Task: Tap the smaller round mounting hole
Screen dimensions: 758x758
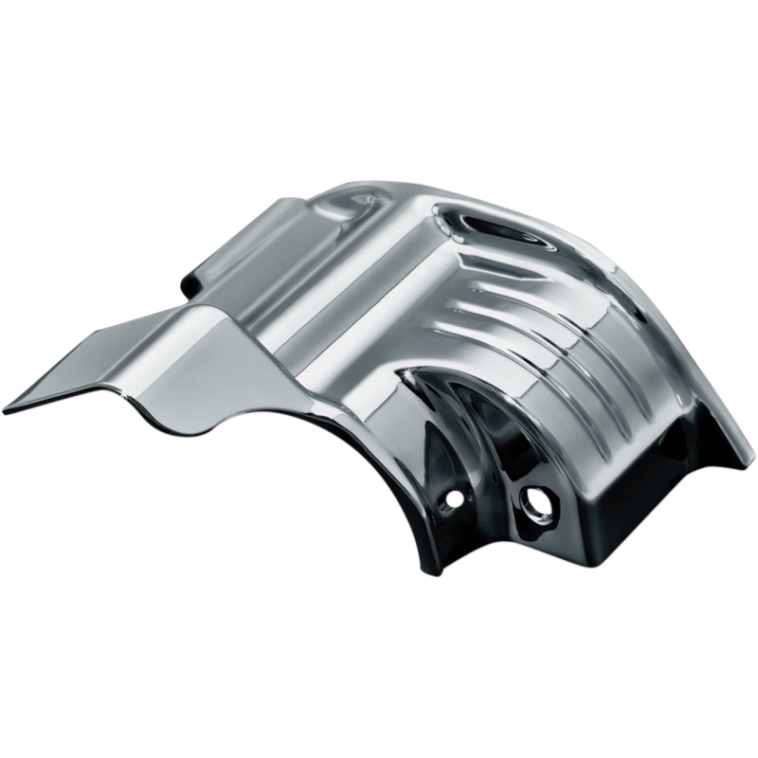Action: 455,496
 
